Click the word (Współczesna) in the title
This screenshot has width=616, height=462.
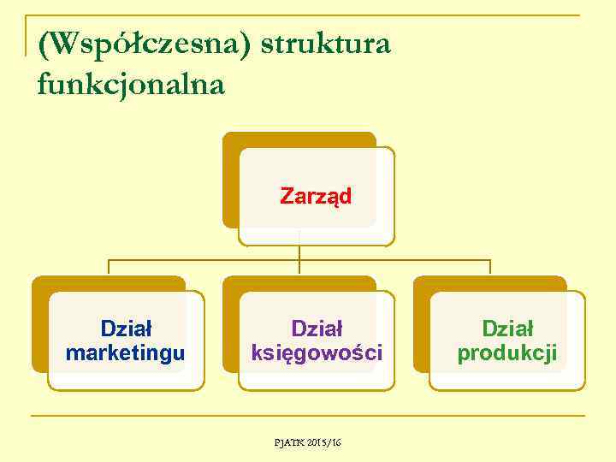pos(145,44)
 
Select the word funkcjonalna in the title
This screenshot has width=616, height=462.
pos(131,84)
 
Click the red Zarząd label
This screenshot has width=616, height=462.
pos(316,197)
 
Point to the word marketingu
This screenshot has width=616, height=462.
pos(125,352)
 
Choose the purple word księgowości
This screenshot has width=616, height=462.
pos(317,352)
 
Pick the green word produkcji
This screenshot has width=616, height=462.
pos(507,352)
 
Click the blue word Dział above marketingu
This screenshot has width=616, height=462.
pos(126,328)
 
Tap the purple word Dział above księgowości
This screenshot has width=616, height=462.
pos(317,328)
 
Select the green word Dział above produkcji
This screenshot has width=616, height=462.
pos(507,328)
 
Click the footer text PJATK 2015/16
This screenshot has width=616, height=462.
pos(307,442)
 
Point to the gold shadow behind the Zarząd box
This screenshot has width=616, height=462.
pos(230,180)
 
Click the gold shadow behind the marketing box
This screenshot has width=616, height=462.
pos(39,325)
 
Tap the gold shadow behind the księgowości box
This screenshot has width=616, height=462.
pos(230,325)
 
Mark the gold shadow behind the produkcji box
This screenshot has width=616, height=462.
pos(421,325)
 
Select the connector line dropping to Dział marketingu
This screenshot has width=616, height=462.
pos(109,267)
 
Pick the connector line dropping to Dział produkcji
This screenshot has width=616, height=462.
pos(490,267)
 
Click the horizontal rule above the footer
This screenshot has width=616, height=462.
pos(308,417)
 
